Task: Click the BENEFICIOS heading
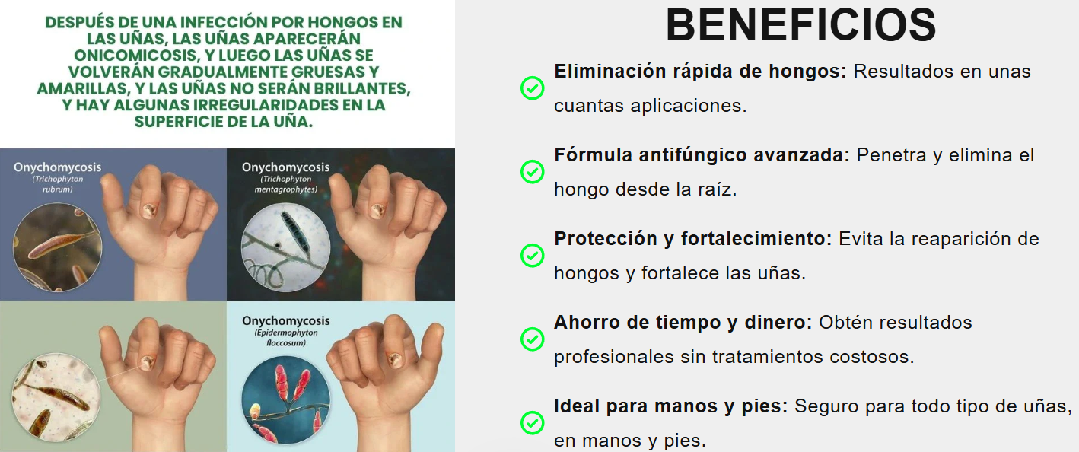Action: (x=800, y=26)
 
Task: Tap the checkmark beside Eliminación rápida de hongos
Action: (x=533, y=88)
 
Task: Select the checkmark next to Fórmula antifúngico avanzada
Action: (x=533, y=171)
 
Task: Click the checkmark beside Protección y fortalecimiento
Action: (x=533, y=256)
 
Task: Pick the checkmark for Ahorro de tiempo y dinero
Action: (x=533, y=339)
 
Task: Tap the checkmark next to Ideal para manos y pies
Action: (x=533, y=422)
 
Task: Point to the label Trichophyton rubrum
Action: (x=57, y=184)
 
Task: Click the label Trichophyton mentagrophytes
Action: (x=285, y=184)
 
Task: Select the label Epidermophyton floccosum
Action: (x=286, y=338)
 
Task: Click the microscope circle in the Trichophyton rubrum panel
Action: (x=57, y=247)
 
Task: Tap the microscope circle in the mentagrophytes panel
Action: (x=285, y=247)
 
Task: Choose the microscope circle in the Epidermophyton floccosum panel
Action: (x=285, y=400)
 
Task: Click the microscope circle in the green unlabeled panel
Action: (x=56, y=398)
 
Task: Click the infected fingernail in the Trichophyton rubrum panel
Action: (x=148, y=210)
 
